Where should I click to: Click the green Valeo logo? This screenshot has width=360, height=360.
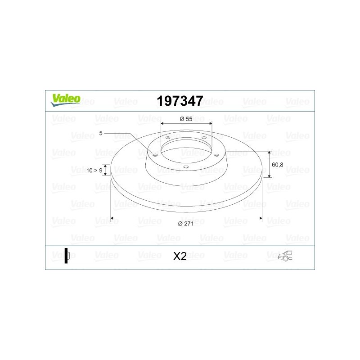(66, 100)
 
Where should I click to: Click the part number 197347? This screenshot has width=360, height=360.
(180, 101)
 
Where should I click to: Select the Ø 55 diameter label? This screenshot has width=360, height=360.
(186, 119)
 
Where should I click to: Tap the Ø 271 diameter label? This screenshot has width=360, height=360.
(186, 224)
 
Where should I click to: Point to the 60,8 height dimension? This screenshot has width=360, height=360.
(277, 165)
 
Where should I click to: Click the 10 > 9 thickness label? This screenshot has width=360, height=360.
(94, 171)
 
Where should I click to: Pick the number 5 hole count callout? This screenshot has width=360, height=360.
(101, 133)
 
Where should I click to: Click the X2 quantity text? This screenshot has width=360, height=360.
(180, 256)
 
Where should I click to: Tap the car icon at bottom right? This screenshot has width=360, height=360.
(285, 256)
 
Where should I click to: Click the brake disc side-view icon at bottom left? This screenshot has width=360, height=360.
(67, 256)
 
